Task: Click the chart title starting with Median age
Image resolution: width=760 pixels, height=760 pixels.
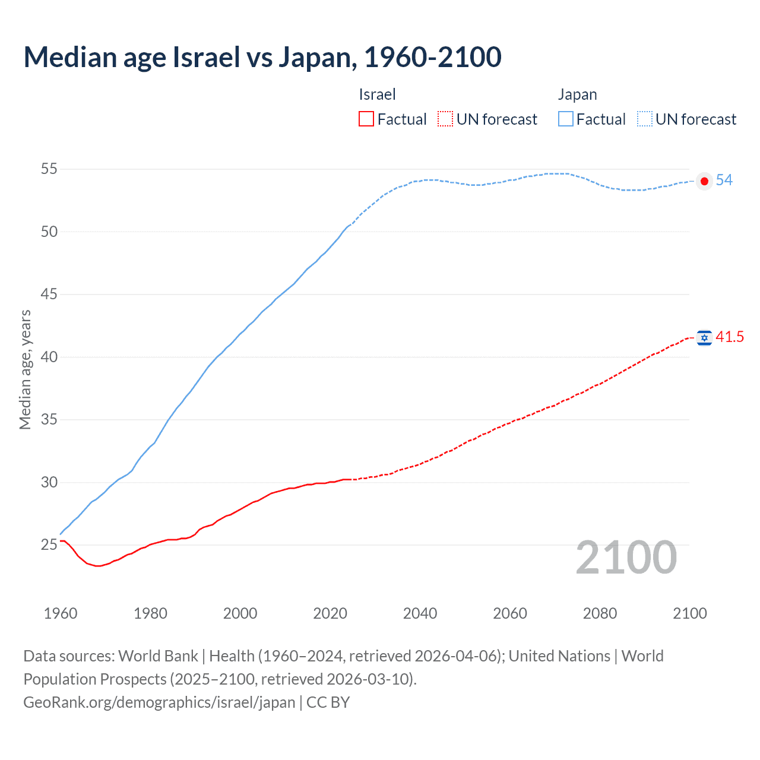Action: click(x=262, y=57)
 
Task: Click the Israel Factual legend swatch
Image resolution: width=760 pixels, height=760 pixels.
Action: click(x=366, y=119)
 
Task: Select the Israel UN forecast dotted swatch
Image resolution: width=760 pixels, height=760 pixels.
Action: click(x=445, y=119)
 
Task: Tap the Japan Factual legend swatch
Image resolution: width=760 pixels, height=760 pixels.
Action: click(x=565, y=119)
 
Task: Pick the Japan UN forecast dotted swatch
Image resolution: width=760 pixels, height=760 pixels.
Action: click(x=644, y=119)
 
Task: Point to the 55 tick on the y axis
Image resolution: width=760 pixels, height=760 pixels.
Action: click(x=49, y=169)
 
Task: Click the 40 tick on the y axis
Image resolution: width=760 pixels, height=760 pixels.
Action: click(x=49, y=357)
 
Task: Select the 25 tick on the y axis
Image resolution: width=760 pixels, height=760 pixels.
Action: click(x=49, y=544)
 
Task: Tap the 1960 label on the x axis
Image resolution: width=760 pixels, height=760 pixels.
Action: click(x=61, y=613)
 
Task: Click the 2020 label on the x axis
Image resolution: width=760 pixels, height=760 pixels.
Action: click(x=330, y=613)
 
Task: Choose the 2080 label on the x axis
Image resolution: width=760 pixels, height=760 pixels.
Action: click(x=600, y=613)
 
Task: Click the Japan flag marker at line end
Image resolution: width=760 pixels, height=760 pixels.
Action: click(x=704, y=181)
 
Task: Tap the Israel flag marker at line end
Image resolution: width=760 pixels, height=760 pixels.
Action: click(x=704, y=338)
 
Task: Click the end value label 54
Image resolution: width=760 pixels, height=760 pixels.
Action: click(x=724, y=180)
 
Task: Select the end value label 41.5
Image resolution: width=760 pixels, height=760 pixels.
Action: click(x=730, y=337)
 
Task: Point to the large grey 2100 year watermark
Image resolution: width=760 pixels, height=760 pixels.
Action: click(x=626, y=557)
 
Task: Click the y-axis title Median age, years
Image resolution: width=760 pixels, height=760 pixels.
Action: click(x=25, y=369)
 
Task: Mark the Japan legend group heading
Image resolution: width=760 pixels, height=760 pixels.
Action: click(x=577, y=94)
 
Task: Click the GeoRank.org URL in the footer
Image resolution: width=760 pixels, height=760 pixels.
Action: click(x=159, y=702)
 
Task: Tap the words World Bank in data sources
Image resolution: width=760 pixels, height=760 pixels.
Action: click(x=158, y=656)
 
